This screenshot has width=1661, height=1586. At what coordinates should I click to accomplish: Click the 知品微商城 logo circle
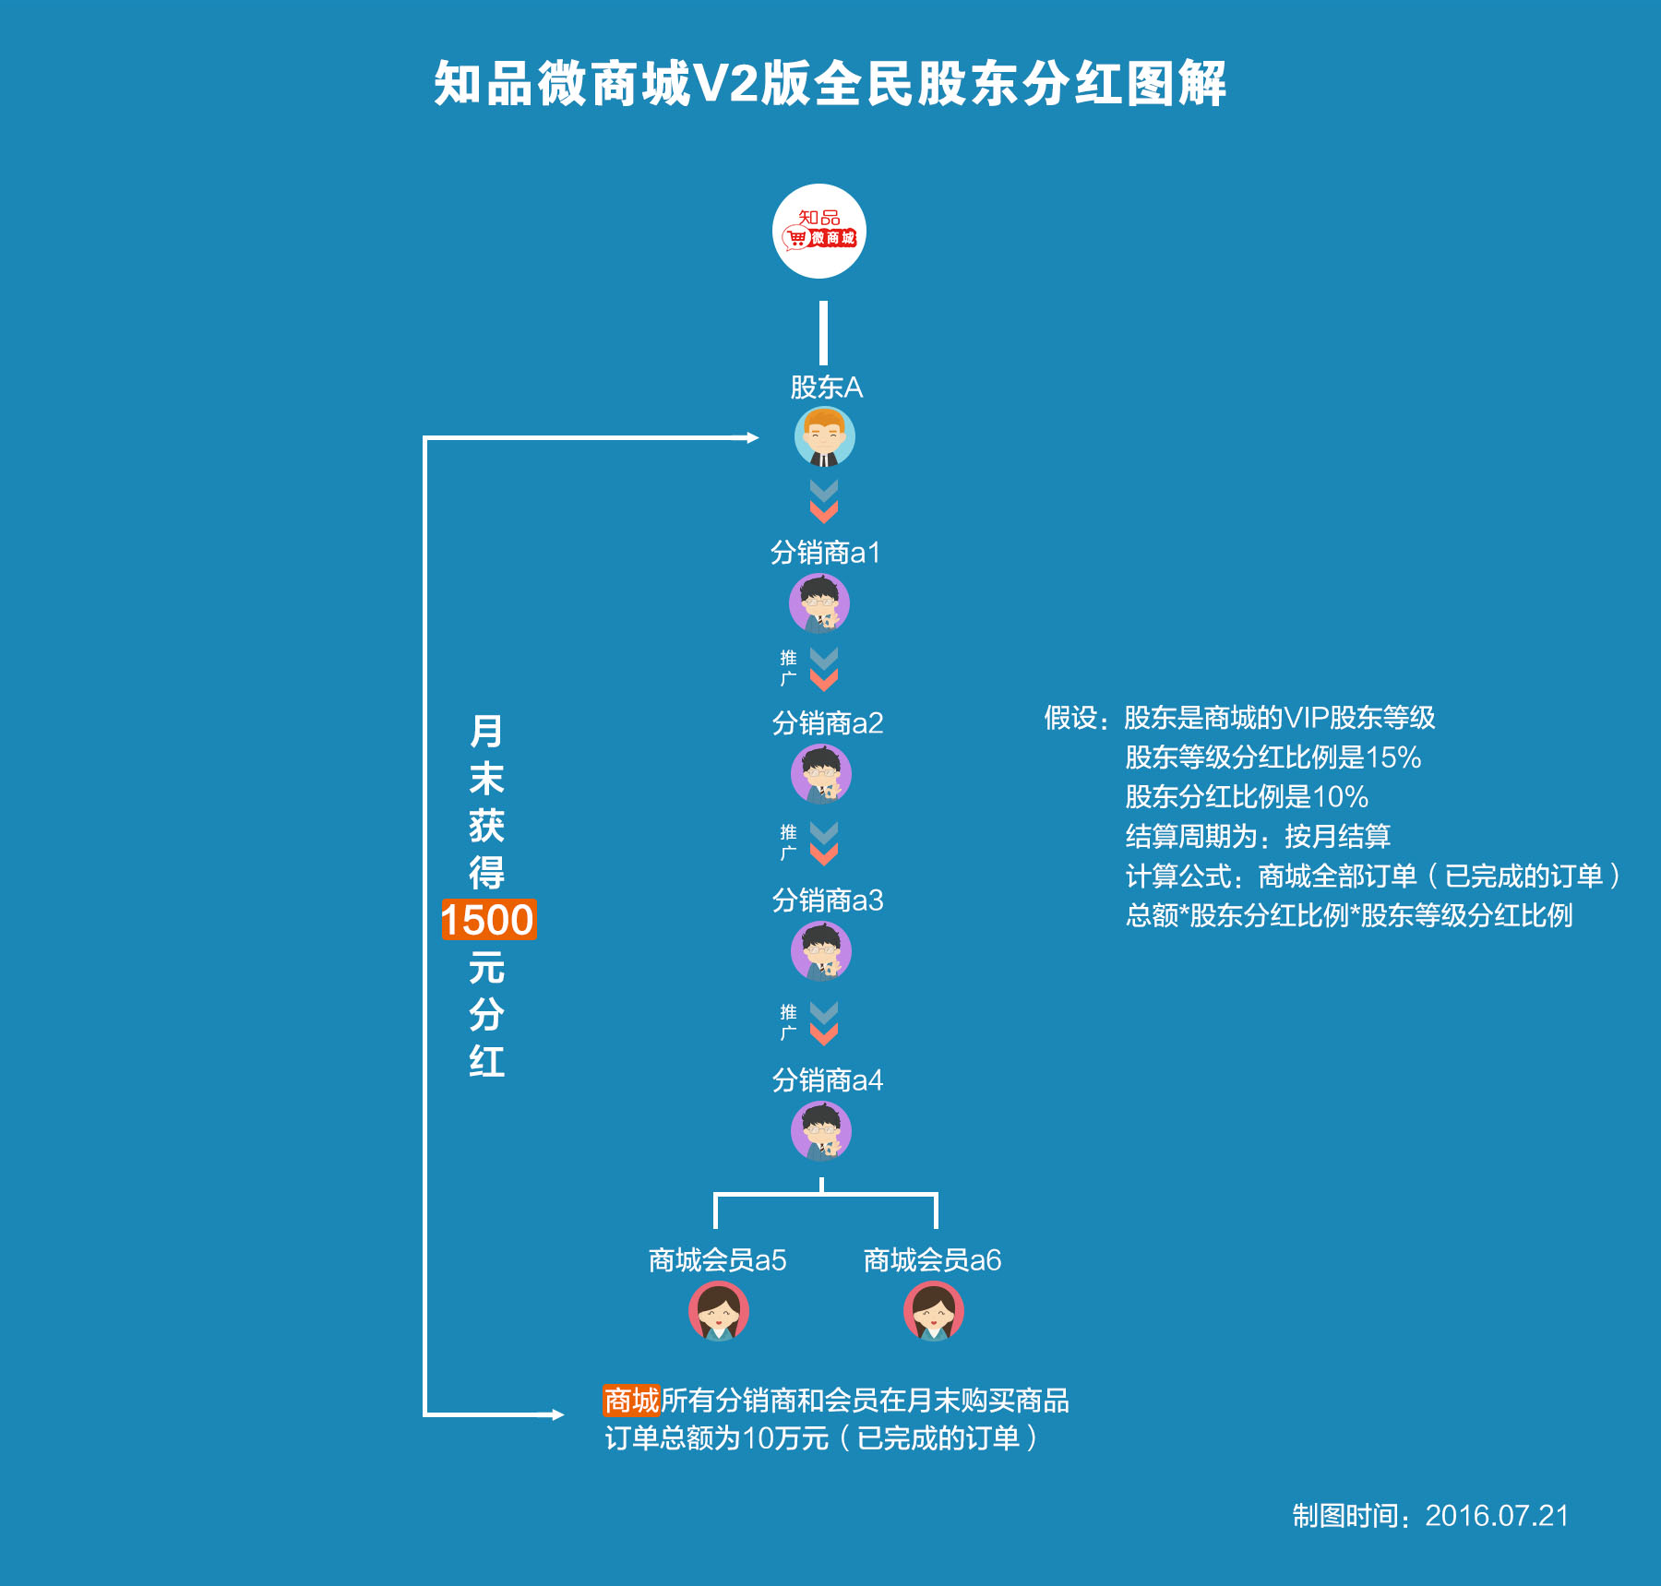[x=819, y=231]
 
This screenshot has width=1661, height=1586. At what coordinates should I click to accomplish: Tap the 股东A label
[x=826, y=388]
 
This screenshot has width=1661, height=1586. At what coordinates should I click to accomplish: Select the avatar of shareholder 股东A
[x=824, y=437]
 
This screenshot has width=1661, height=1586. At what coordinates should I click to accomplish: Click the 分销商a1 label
[x=826, y=553]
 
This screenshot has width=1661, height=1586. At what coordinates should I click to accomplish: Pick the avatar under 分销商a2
[x=820, y=774]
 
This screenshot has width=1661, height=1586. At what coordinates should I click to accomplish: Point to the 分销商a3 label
[x=828, y=900]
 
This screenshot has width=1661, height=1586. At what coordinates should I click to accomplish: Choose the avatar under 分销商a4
[x=820, y=1131]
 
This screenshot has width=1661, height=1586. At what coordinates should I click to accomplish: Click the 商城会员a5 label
[x=717, y=1259]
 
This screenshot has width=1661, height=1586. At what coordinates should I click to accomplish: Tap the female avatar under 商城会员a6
[x=933, y=1311]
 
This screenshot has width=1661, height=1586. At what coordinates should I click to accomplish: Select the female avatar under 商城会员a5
[x=718, y=1311]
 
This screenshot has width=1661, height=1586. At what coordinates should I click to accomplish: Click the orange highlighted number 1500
[x=488, y=920]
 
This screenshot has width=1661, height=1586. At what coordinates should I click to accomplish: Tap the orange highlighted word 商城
[x=631, y=1400]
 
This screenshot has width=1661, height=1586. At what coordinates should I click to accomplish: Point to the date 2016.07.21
[x=1497, y=1516]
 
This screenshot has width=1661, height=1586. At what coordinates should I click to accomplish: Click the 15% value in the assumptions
[x=1393, y=757]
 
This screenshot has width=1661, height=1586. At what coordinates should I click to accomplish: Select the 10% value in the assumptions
[x=1340, y=797]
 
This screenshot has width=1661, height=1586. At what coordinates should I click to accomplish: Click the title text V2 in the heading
[x=727, y=84]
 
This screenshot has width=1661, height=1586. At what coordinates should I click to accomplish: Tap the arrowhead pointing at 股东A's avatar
[x=752, y=437]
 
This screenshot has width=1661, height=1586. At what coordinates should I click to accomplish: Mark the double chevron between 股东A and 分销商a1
[x=823, y=501]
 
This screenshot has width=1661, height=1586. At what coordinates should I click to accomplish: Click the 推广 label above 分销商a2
[x=788, y=668]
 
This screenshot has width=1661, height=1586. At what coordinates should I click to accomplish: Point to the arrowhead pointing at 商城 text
[x=556, y=1414]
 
